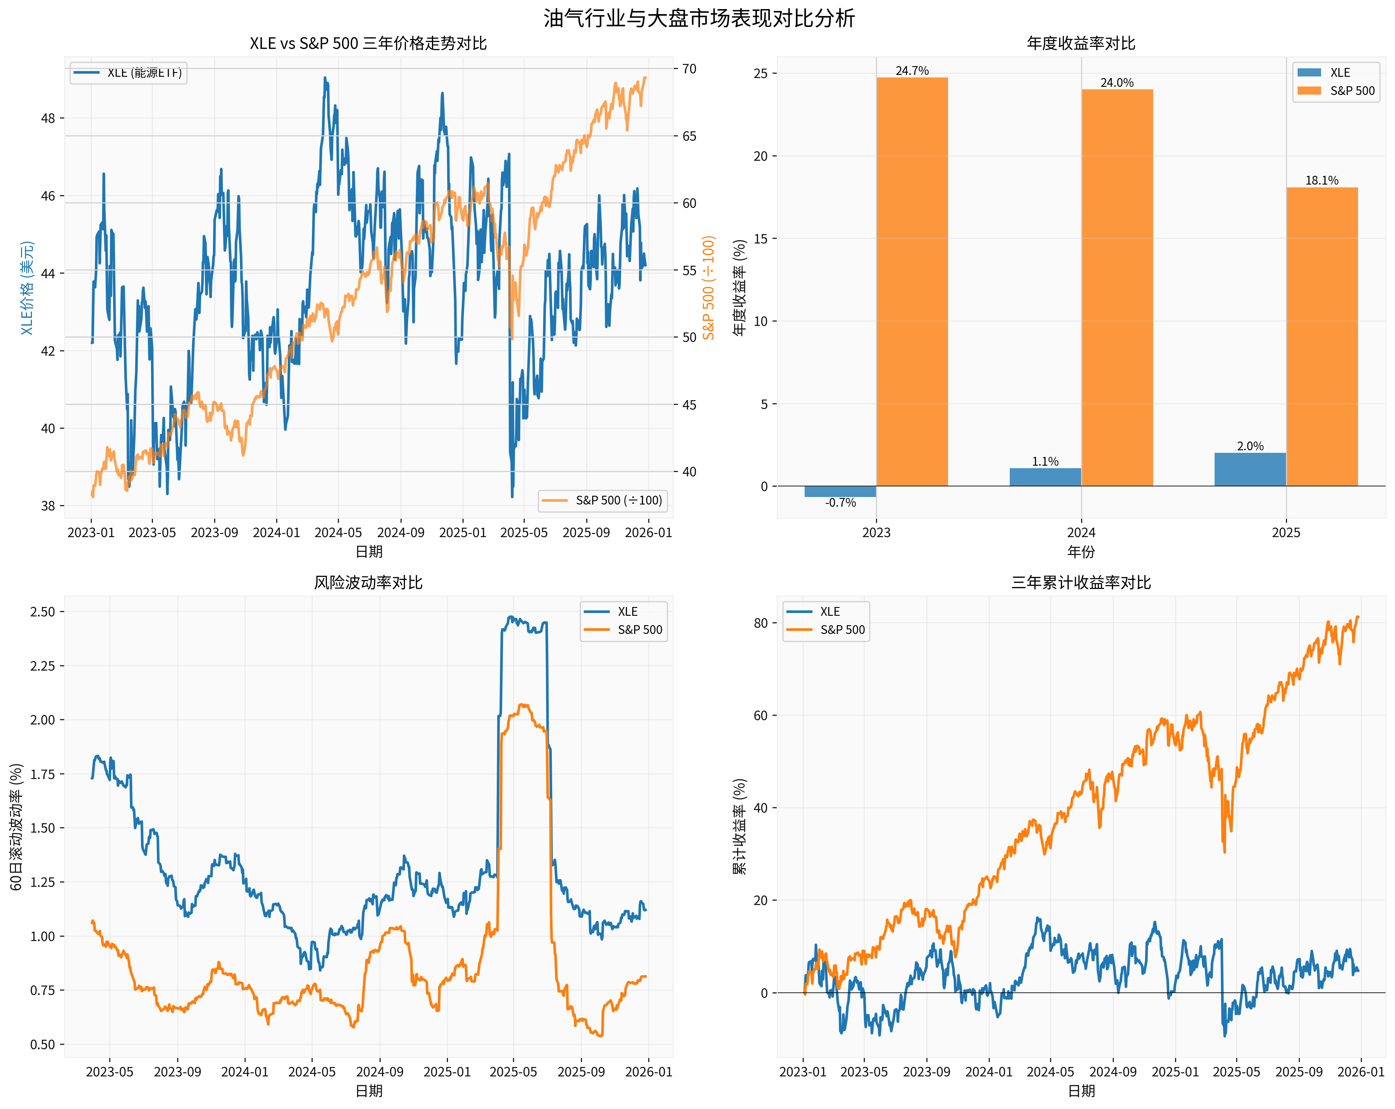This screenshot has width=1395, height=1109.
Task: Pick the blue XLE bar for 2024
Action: tap(1045, 477)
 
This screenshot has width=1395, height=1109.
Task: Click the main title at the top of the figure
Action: tap(699, 18)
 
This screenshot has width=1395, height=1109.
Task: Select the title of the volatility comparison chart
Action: tap(368, 583)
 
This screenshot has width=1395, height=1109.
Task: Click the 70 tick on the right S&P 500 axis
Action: tap(689, 69)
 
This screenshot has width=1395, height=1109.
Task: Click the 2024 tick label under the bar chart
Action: tap(1081, 533)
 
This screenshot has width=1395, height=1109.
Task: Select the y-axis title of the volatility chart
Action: tap(17, 827)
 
